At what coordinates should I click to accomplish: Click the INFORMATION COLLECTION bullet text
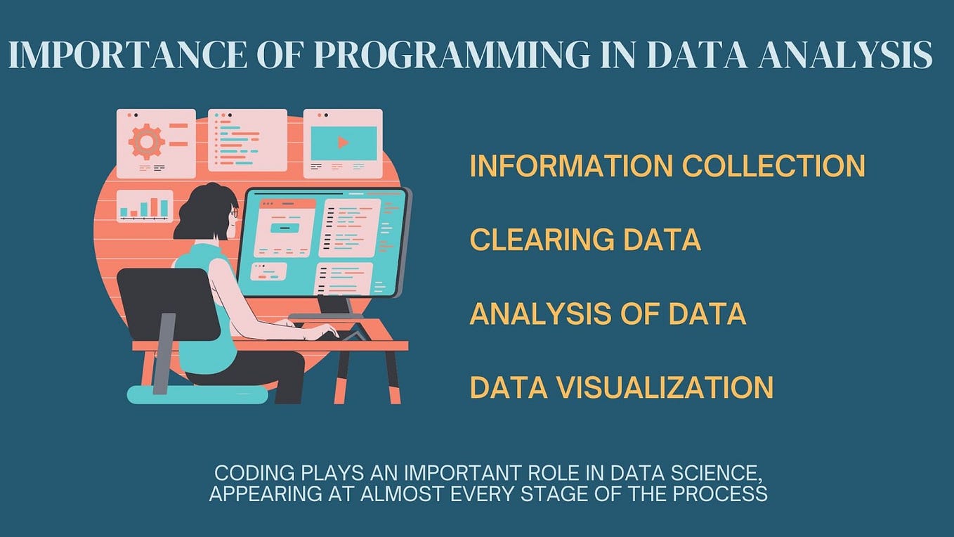[x=667, y=166]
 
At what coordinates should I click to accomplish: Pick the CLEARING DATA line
[x=585, y=240]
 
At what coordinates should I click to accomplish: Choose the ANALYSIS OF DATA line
[x=607, y=313]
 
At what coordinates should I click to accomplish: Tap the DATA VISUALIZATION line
[x=621, y=387]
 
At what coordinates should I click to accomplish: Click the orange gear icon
[x=146, y=141]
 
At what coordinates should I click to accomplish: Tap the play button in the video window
[x=343, y=143]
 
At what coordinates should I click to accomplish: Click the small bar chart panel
[x=145, y=207]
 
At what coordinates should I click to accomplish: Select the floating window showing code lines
[x=247, y=140]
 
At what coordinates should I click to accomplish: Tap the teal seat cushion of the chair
[x=197, y=394]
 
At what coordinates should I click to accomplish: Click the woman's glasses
[x=234, y=212]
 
